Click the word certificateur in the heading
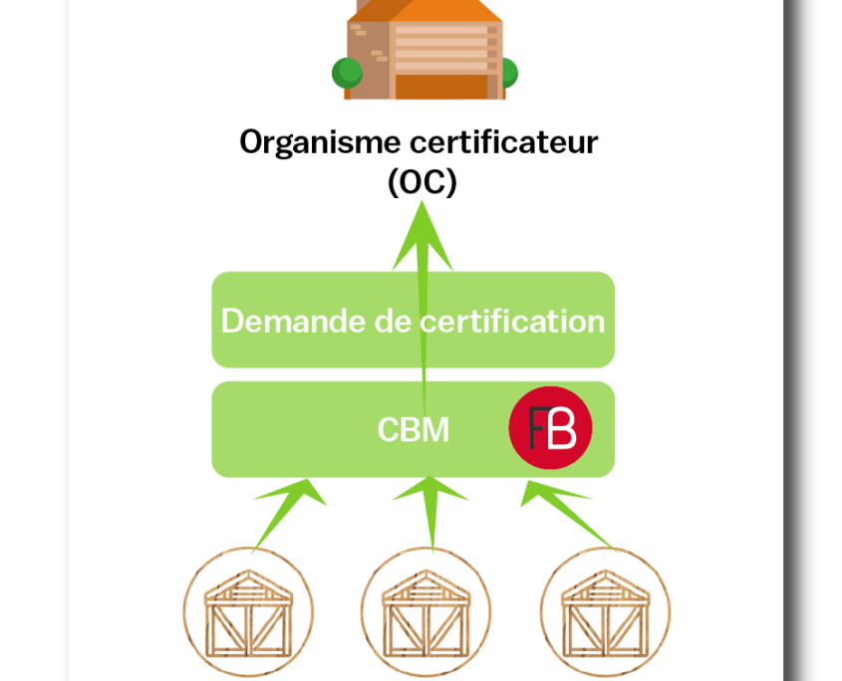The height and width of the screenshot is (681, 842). [x=503, y=142]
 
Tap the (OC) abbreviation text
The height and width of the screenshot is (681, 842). [x=422, y=182]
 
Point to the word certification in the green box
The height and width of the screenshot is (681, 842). [x=512, y=321]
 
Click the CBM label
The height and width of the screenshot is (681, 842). [x=413, y=430]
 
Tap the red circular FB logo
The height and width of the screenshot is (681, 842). [x=550, y=428]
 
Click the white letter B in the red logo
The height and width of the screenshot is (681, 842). [x=561, y=428]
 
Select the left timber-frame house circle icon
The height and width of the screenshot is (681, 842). [x=248, y=611]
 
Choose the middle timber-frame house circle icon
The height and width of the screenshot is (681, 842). [x=425, y=611]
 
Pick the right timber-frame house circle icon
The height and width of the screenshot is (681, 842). [x=605, y=611]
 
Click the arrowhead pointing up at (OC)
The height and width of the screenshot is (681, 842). [x=422, y=235]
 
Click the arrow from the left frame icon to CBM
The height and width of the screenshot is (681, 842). [x=289, y=515]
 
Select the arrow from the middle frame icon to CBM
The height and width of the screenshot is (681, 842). [x=430, y=514]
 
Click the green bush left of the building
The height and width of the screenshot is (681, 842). [x=347, y=73]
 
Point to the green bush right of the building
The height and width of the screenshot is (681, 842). [x=509, y=73]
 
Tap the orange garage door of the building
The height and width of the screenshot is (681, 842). [x=441, y=87]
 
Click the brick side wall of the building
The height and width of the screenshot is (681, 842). [x=369, y=60]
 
